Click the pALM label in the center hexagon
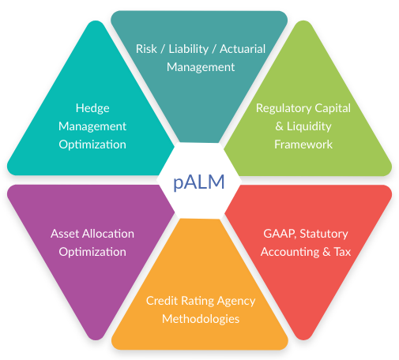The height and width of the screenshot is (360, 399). [x=199, y=182]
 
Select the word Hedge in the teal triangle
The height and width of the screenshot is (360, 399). [x=92, y=108]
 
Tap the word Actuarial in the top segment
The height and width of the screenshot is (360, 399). [x=240, y=49]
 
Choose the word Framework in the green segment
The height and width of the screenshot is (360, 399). [x=303, y=144]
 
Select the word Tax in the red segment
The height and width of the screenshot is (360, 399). [x=341, y=252]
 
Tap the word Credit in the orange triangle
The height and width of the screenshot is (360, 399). [x=162, y=301]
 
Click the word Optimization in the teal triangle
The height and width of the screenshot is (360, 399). [x=92, y=144]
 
